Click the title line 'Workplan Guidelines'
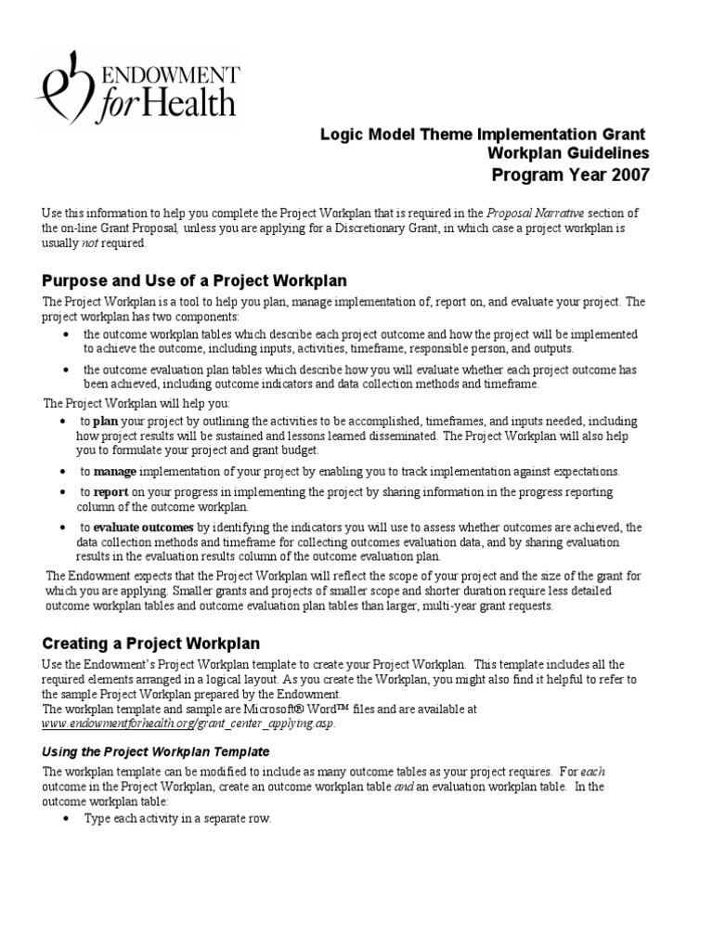(568, 153)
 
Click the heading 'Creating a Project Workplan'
(151, 643)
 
